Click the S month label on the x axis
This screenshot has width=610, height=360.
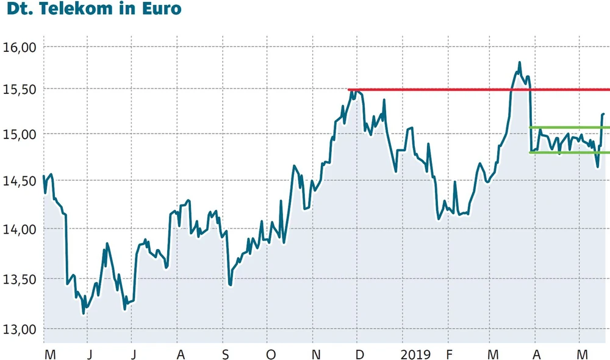point(225,354)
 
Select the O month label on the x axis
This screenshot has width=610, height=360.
point(270,354)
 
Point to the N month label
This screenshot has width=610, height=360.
point(315,354)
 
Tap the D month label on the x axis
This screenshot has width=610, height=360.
point(360,354)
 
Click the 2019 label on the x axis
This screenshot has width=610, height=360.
point(416,354)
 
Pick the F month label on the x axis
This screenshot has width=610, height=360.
point(450,354)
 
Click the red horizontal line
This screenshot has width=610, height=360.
point(439,90)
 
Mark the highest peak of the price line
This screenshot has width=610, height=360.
point(519,62)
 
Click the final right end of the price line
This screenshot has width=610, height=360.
point(604,113)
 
